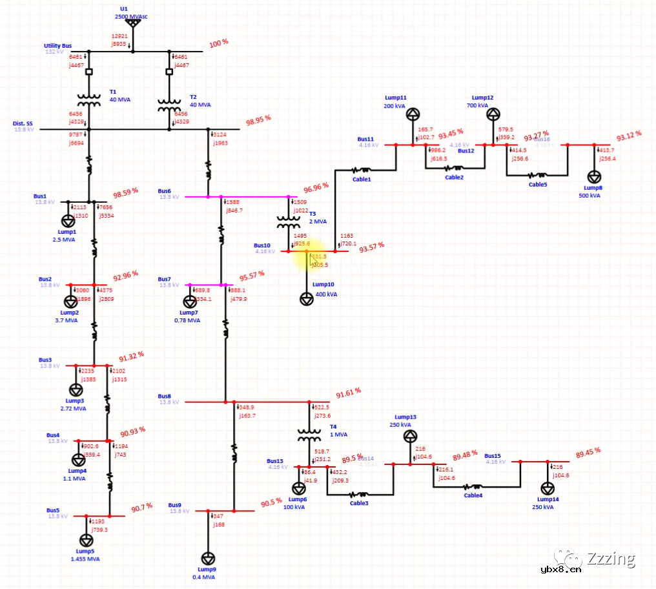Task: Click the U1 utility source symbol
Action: [x=132, y=24]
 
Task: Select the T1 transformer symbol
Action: [x=89, y=100]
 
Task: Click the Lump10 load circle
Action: [x=307, y=299]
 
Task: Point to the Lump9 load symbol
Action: [x=208, y=559]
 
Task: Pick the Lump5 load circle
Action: [x=86, y=540]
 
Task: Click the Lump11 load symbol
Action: [x=413, y=114]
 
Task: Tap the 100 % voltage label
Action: [x=218, y=43]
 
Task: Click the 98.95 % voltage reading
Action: [x=258, y=120]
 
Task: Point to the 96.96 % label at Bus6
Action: [x=316, y=186]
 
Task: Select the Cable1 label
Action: [x=362, y=179]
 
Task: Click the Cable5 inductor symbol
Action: [x=538, y=175]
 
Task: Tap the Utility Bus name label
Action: [x=57, y=46]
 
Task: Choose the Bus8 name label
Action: [x=165, y=396]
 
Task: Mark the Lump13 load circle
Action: [x=410, y=437]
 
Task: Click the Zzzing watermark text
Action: [x=611, y=558]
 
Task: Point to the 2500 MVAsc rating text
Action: [x=132, y=16]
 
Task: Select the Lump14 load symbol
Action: [x=548, y=488]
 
